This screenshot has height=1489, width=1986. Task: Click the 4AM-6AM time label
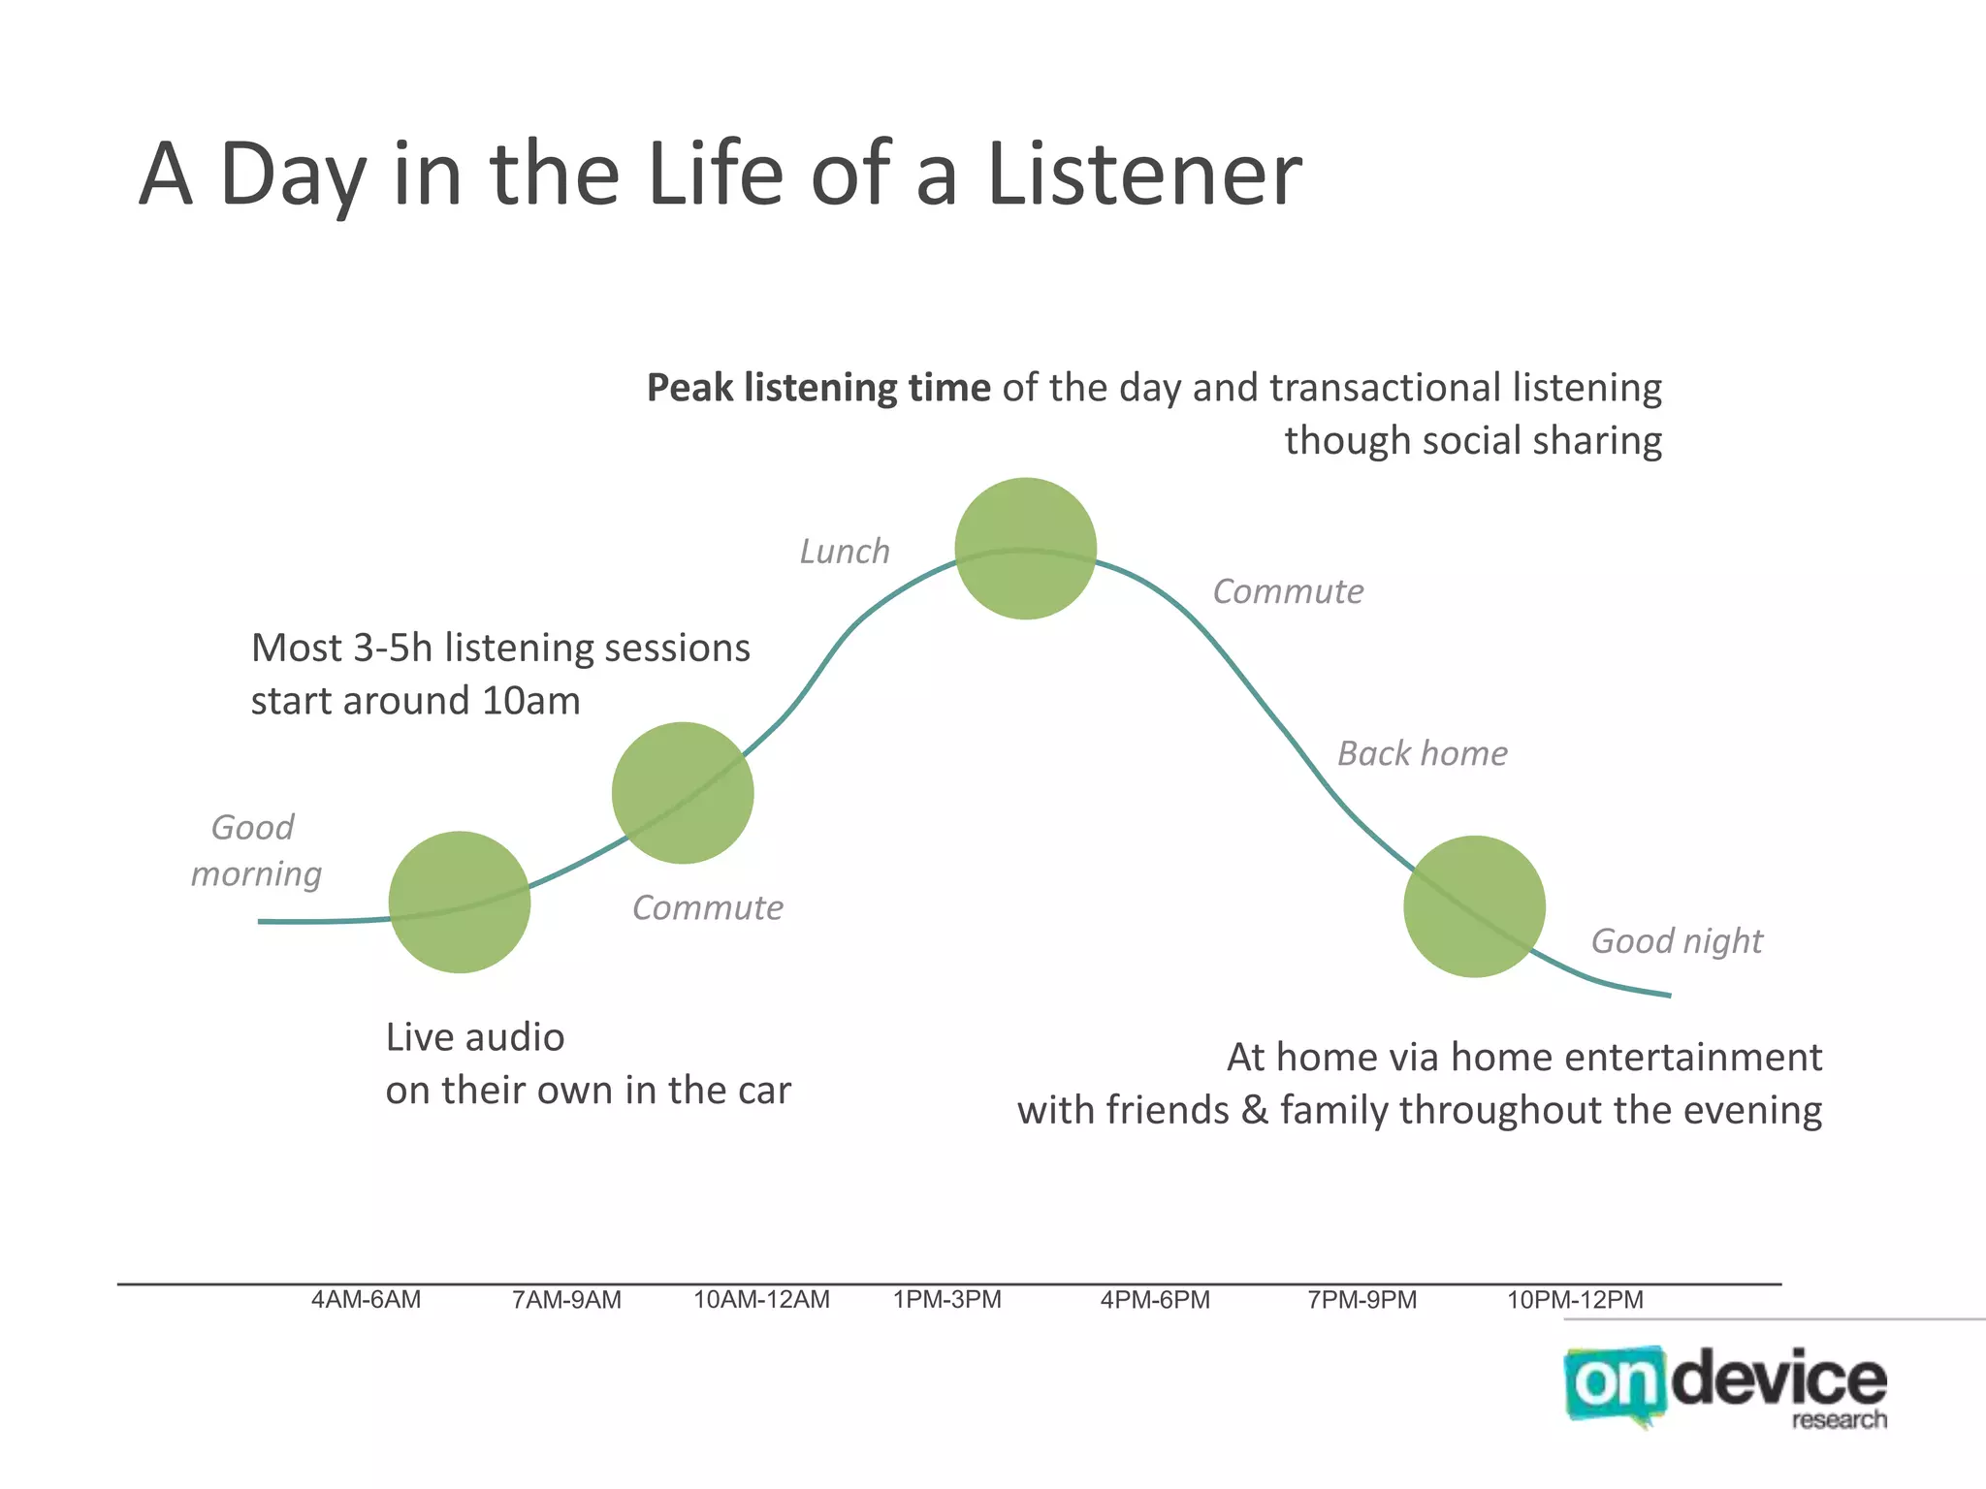point(366,1300)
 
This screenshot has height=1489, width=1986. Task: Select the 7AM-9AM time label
point(566,1300)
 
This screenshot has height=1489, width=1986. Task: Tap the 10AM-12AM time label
point(761,1300)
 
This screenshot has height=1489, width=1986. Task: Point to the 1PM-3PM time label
point(946,1300)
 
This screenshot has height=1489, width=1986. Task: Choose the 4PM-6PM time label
point(1155,1300)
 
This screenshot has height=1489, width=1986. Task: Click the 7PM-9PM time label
point(1361,1300)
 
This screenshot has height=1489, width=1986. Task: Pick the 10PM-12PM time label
point(1575,1300)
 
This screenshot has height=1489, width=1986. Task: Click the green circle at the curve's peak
point(1025,549)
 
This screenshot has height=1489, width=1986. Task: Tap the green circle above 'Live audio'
point(460,902)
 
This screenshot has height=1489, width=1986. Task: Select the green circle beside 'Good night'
point(1474,906)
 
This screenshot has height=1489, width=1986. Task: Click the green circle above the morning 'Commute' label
point(683,793)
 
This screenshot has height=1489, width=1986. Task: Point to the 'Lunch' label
point(845,552)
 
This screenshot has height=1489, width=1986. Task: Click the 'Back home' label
point(1423,753)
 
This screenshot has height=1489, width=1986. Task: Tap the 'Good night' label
point(1677,940)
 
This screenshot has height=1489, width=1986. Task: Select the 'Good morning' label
point(255,850)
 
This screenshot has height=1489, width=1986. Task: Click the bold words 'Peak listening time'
point(818,388)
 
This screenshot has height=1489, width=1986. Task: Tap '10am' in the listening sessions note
point(530,701)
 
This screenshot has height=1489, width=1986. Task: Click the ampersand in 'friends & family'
point(1254,1110)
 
